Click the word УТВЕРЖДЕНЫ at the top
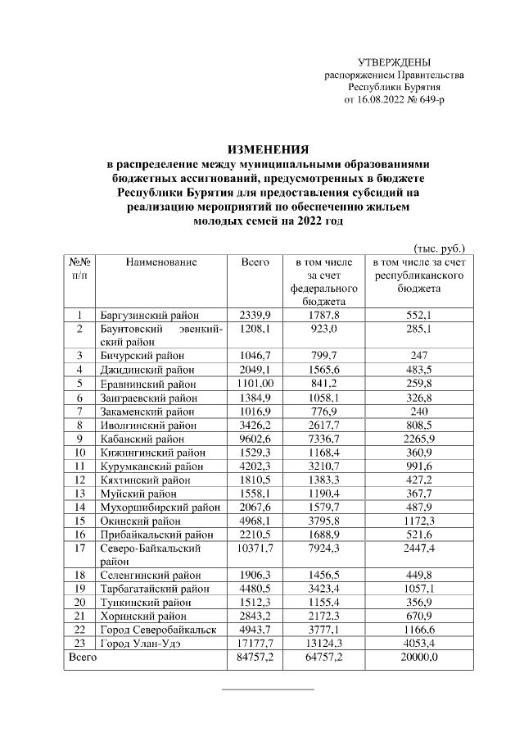[395, 63]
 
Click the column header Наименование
[161, 262]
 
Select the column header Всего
[255, 262]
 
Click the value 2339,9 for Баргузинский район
[255, 315]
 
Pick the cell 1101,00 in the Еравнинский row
[255, 383]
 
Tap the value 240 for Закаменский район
[418, 411]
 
